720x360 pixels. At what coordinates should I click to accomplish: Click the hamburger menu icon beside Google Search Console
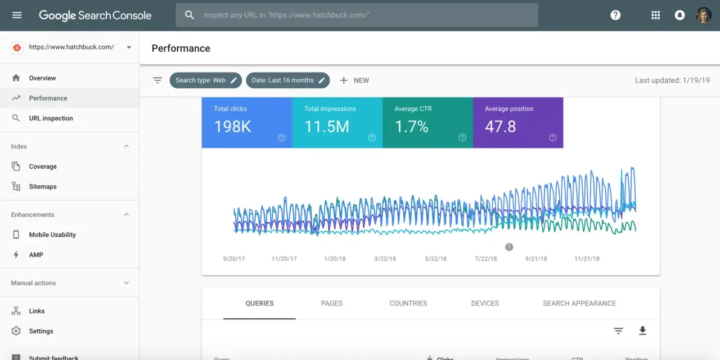coord(17,15)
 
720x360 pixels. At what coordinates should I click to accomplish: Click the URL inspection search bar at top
coord(357,15)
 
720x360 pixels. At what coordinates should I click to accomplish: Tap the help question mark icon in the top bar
coord(615,15)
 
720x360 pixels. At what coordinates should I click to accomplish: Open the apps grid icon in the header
coord(655,15)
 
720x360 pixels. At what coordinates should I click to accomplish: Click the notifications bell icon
coord(679,15)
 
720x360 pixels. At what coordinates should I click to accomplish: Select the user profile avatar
coord(704,15)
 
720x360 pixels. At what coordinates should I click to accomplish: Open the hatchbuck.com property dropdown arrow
coord(129,47)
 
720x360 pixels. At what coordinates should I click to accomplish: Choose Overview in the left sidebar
coord(42,78)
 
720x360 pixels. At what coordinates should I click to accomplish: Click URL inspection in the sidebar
coord(51,118)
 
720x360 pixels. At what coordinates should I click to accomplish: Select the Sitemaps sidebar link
coord(43,187)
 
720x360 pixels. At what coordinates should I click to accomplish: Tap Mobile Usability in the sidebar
coord(52,235)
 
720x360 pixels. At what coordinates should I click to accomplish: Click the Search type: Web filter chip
coord(205,80)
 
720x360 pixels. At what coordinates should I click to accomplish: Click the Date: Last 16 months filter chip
coord(287,80)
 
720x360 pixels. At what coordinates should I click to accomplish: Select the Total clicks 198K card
coord(247,123)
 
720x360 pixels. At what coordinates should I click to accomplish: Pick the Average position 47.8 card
coord(517,123)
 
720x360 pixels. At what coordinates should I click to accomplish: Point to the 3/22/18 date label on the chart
coord(385,259)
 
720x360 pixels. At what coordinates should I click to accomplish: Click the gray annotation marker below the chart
coord(509,247)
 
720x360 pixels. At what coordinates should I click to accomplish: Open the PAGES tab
coord(331,303)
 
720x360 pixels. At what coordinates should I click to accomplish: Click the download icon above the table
coord(642,331)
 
